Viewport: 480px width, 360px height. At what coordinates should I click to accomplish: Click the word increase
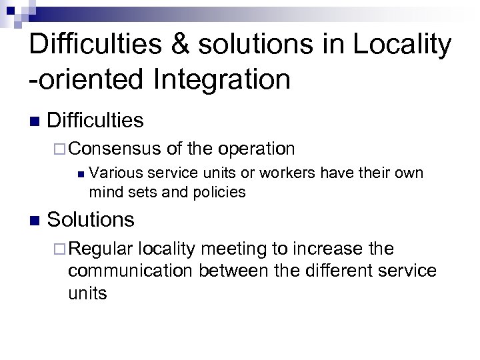click(323, 249)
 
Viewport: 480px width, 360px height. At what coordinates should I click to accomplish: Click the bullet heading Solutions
click(91, 219)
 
